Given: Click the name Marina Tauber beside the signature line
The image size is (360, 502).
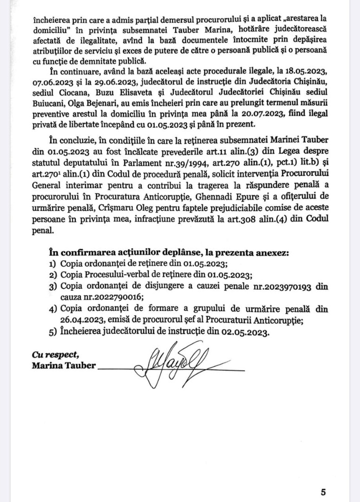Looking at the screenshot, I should pos(64,365).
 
